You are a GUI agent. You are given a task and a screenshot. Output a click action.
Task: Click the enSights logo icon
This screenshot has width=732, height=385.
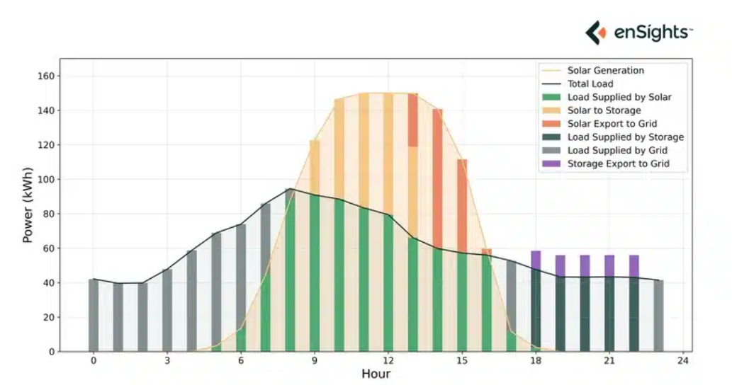coord(596,33)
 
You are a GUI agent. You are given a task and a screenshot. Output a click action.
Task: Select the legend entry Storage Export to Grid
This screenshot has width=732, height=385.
coord(618,164)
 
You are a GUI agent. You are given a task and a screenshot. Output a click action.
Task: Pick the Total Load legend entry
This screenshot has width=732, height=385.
coord(590,84)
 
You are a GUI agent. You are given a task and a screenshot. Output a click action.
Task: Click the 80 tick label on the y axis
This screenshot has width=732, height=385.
coord(49,214)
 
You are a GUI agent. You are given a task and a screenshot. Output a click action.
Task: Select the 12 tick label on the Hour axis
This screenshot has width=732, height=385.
coord(388,360)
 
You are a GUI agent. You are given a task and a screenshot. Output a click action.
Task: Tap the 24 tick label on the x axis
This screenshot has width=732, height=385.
coord(683,360)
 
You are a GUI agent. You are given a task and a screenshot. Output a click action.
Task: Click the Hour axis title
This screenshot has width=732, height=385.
coord(376,374)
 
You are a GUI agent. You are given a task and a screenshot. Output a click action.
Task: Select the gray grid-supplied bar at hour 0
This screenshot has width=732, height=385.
coord(94,316)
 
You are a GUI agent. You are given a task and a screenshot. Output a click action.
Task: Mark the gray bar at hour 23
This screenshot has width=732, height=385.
coord(658,316)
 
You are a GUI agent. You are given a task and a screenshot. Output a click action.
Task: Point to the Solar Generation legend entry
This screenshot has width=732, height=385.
coord(605,70)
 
